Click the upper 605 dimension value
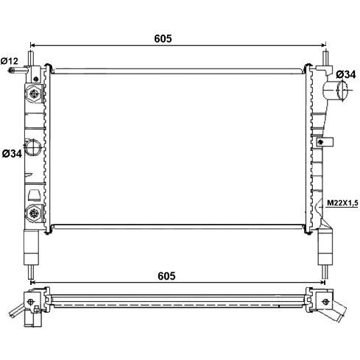[x=163, y=38]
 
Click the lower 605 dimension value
[x=166, y=276]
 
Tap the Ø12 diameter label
[x=10, y=61]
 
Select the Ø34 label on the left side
[x=13, y=154]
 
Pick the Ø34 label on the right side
[x=346, y=74]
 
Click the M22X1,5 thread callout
[x=342, y=203]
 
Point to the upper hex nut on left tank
[x=34, y=93]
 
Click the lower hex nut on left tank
[x=34, y=213]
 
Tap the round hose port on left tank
[x=32, y=147]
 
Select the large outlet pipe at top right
[x=335, y=90]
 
